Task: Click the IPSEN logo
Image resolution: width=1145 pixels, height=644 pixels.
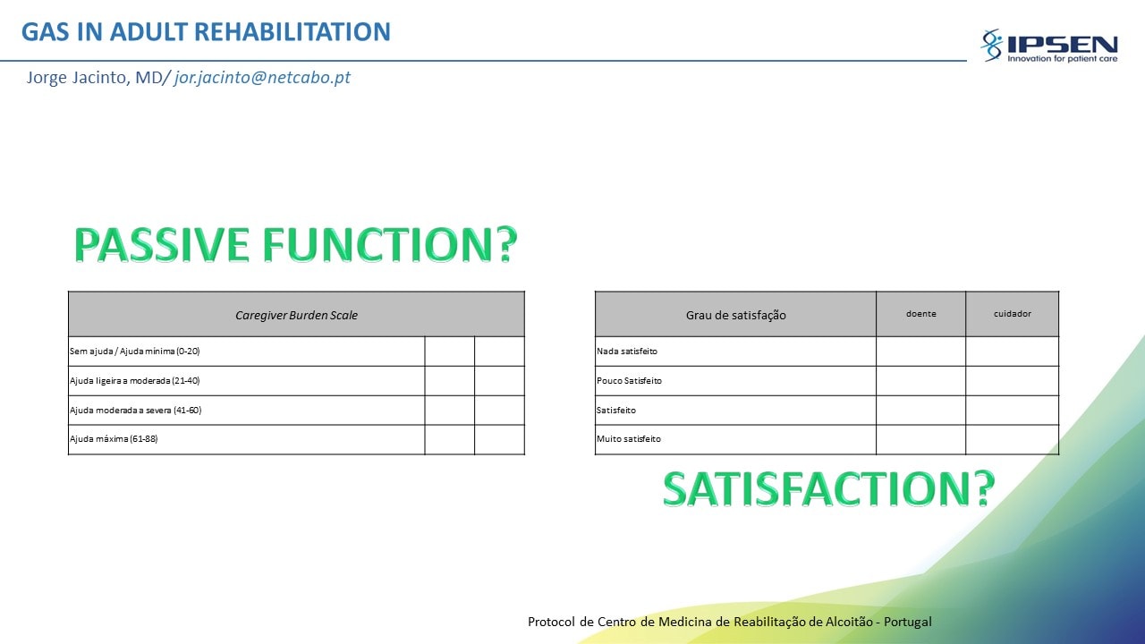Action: point(1048,46)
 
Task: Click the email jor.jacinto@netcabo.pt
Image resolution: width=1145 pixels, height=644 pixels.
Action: point(262,77)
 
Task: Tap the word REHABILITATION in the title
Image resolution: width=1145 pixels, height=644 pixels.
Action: point(293,31)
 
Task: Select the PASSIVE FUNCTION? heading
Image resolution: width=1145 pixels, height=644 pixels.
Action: point(295,245)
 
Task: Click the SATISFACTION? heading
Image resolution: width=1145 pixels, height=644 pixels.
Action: point(829,488)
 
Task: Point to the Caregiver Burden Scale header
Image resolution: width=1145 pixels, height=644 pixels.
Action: point(296,316)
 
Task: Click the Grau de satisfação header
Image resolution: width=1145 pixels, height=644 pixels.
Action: point(735,316)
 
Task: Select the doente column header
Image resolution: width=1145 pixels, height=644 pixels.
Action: point(921,314)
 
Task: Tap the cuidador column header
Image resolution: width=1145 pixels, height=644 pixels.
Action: point(1012,314)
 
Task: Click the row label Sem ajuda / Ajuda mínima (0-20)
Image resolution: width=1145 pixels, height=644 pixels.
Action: point(135,352)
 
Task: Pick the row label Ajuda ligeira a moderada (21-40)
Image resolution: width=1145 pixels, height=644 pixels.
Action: point(135,381)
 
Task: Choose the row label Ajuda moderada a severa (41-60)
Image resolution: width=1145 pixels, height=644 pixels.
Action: point(135,410)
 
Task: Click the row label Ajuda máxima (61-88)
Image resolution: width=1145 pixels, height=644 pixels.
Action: point(114,438)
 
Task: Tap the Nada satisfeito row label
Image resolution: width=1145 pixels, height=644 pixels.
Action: point(627,352)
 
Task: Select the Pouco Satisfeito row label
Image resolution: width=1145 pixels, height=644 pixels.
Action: point(629,381)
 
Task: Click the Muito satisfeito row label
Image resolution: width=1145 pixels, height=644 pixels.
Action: point(629,438)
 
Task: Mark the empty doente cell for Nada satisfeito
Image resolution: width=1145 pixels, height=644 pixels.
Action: point(920,352)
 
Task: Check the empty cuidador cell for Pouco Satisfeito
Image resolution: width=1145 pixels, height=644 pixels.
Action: point(1012,381)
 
